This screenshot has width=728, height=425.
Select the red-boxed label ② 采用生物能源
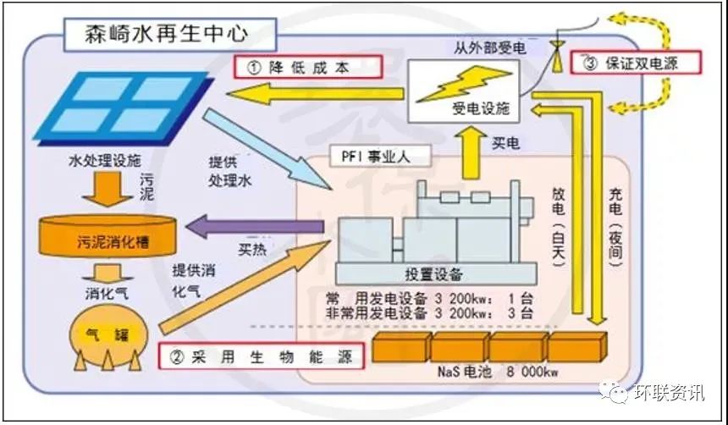tap(262, 356)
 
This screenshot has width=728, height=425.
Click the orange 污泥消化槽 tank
tap(107, 235)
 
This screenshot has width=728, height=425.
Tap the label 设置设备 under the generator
tap(433, 273)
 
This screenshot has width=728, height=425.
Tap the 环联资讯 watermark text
tap(669, 394)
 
